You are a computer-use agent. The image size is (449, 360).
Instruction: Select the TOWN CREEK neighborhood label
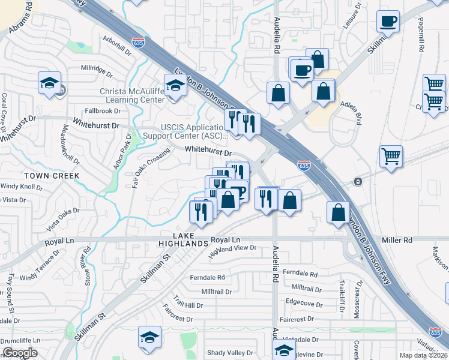tap(52, 176)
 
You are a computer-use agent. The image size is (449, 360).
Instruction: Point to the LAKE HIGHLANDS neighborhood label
tap(182, 239)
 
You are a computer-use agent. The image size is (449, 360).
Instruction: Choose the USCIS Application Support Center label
tap(194, 131)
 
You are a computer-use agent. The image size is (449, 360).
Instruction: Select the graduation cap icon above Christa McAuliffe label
tap(175, 85)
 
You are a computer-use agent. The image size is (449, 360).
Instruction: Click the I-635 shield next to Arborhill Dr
tap(139, 43)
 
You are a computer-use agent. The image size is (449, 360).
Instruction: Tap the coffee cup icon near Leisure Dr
tap(388, 22)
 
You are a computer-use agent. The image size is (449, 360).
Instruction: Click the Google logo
tap(20, 352)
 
